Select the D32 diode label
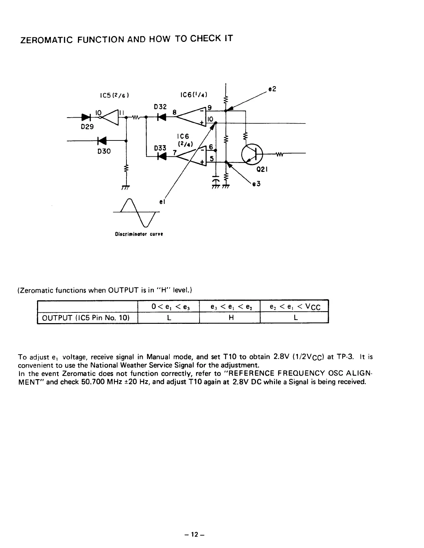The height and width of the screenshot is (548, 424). tap(160, 107)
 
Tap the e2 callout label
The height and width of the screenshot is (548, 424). tap(273, 89)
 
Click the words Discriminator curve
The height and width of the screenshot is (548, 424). tap(139, 234)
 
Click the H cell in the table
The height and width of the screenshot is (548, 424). tap(230, 318)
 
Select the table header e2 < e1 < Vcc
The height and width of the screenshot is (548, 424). tap(294, 306)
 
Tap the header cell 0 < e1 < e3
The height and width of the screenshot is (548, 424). tap(169, 306)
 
